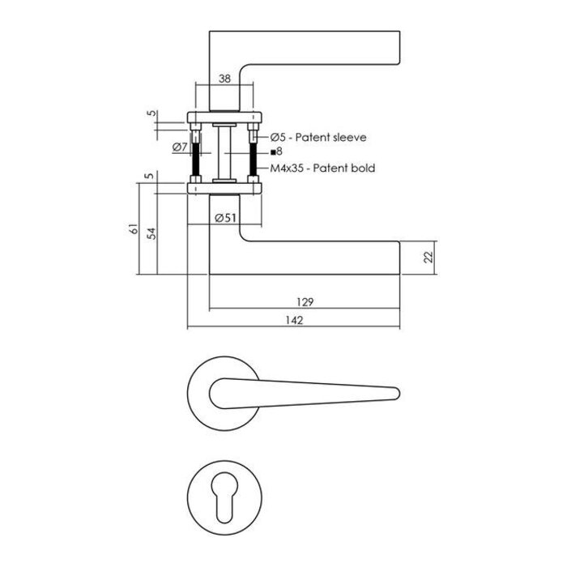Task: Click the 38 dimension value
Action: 226,79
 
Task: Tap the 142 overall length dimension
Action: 293,321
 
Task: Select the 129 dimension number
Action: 305,301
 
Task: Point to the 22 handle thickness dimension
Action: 428,258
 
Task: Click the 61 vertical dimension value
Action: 135,232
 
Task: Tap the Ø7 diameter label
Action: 180,147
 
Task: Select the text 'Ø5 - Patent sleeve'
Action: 318,138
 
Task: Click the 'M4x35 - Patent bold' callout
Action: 322,168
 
